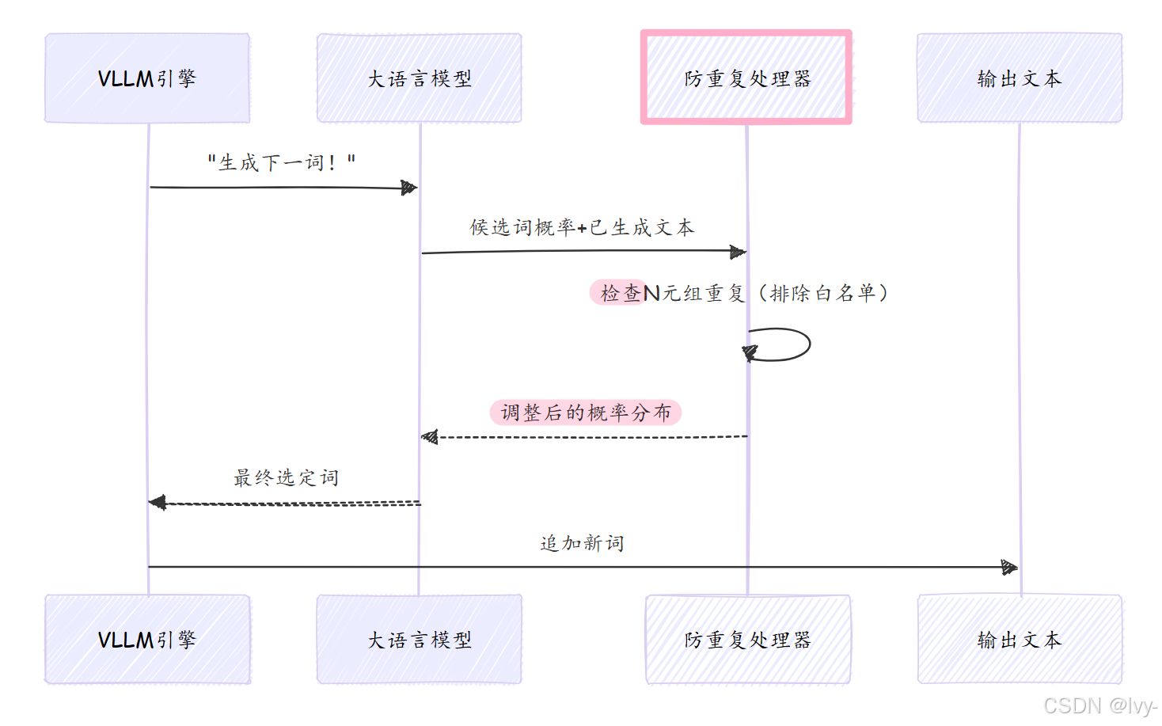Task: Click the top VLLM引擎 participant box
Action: click(147, 78)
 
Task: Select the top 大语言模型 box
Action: click(419, 78)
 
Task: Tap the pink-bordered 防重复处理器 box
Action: click(746, 78)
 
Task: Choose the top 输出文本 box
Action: click(1020, 78)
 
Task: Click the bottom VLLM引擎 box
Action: click(147, 639)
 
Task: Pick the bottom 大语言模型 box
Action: click(419, 639)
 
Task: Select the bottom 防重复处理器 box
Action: click(748, 639)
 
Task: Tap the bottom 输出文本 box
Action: click(1020, 639)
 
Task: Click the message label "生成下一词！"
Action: click(281, 163)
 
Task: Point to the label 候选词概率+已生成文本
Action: click(582, 228)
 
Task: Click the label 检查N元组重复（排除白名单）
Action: click(743, 294)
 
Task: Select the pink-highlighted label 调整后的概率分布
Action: click(586, 412)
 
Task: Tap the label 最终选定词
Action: click(286, 477)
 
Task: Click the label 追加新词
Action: click(582, 543)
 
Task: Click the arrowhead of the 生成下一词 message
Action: click(409, 188)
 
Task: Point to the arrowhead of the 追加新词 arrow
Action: click(1009, 567)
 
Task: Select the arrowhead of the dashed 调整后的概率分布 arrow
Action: click(430, 437)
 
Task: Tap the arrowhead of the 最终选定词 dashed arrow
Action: click(158, 503)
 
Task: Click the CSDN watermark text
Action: click(1099, 705)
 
